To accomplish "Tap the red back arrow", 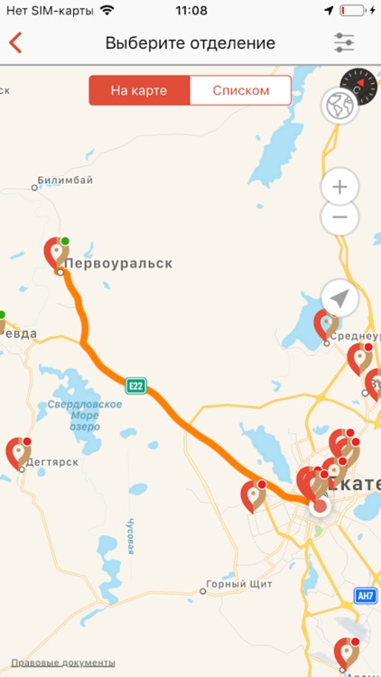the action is [x=15, y=42].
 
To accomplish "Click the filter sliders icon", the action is [x=344, y=42].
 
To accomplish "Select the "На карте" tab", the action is [x=139, y=90].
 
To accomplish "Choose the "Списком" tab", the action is [x=241, y=90].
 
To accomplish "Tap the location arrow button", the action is [x=339, y=298].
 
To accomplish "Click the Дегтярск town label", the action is [x=52, y=461].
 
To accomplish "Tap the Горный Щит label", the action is [x=239, y=584].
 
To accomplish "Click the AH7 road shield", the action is [x=365, y=596].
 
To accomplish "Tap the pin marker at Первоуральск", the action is [x=57, y=252].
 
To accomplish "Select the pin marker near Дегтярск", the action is [x=18, y=451].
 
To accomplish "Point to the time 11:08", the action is [x=190, y=11].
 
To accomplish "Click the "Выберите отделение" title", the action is [x=190, y=42].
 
